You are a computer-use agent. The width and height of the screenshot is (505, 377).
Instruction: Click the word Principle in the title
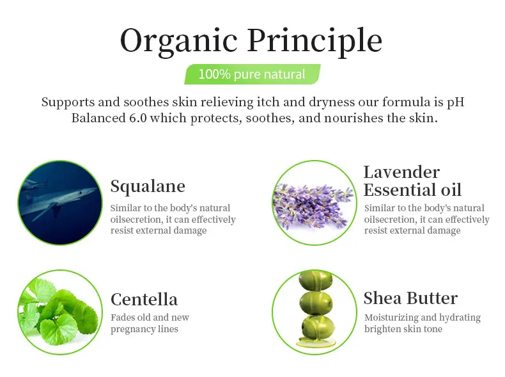coord(315,41)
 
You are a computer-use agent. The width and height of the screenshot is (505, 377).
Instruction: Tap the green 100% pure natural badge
coord(252,74)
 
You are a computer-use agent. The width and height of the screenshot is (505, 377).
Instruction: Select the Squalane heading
coord(148,186)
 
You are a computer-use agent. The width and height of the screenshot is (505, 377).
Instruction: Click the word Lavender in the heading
coord(401,172)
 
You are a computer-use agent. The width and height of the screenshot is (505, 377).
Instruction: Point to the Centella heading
coord(144,300)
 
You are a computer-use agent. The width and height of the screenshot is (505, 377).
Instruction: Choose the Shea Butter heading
coord(410,298)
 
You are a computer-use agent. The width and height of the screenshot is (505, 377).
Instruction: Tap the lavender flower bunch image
coord(313,205)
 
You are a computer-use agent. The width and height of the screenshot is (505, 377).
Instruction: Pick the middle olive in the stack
coord(316,303)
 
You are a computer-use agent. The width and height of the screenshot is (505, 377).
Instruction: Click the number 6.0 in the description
coord(138,118)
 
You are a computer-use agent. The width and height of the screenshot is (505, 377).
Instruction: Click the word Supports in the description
coord(68,102)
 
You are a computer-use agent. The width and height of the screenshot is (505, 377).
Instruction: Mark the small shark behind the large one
coord(34,184)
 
